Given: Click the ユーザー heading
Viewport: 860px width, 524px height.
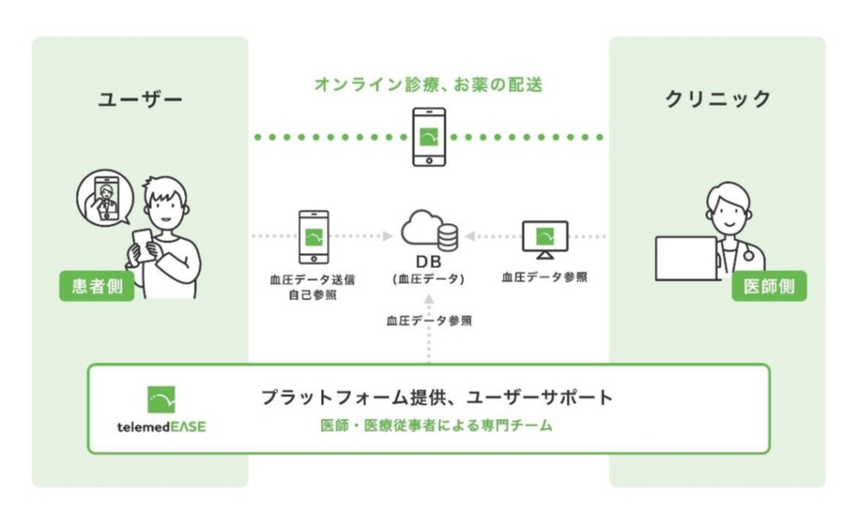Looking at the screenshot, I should tap(140, 99).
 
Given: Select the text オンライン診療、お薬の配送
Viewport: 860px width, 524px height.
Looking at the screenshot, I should tap(428, 85).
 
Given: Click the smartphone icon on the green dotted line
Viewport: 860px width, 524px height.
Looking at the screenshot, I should tap(428, 137).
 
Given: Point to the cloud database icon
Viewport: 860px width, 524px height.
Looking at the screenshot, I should tap(428, 230).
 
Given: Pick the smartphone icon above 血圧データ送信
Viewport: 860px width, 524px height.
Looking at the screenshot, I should tap(313, 237).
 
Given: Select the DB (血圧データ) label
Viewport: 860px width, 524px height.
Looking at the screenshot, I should tap(428, 273).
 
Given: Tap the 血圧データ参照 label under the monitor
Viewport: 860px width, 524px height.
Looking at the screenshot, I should tap(544, 277).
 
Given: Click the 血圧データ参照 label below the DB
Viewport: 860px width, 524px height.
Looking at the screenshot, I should tap(428, 321).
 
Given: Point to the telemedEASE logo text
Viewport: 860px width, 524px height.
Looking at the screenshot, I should tap(161, 427).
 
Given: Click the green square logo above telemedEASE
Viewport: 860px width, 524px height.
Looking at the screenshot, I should tap(161, 400).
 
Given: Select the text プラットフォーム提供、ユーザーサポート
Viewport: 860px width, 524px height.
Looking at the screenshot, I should tap(437, 397).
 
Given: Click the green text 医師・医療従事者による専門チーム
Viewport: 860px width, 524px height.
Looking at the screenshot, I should tap(437, 426).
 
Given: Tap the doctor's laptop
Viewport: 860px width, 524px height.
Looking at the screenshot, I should tap(687, 259).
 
